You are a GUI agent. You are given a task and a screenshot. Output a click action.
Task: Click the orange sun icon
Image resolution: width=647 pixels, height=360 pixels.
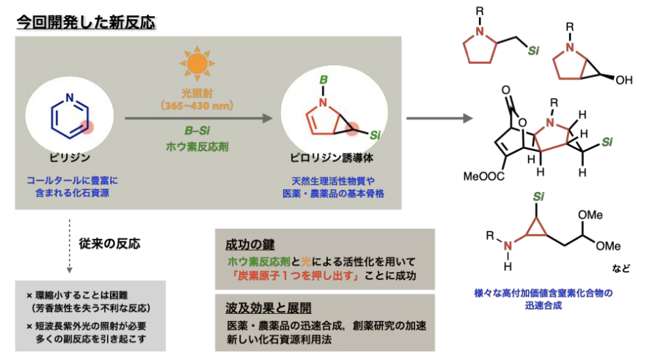pyautogui.click(x=198, y=65)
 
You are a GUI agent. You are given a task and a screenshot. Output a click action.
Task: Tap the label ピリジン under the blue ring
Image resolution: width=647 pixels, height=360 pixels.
pyautogui.click(x=67, y=157)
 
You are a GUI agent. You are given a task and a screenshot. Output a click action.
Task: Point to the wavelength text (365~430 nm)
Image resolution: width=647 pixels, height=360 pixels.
pyautogui.click(x=197, y=106)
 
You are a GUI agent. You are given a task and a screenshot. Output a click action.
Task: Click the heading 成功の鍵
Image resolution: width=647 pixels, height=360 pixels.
pyautogui.click(x=244, y=243)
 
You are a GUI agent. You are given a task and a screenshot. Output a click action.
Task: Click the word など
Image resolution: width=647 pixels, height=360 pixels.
pyautogui.click(x=621, y=268)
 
